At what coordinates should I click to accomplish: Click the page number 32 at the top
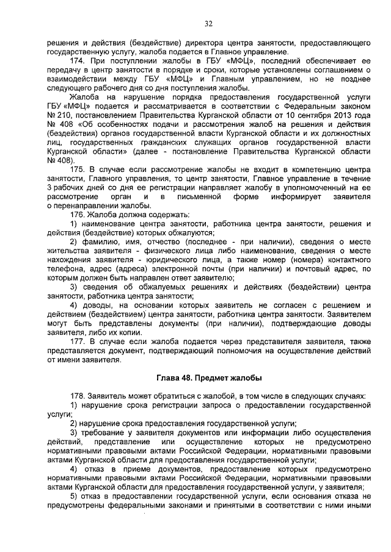[x=208, y=24]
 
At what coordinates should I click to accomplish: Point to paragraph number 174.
[x=78, y=62]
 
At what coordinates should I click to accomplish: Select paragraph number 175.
[x=78, y=167]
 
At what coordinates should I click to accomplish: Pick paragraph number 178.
[x=78, y=396]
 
